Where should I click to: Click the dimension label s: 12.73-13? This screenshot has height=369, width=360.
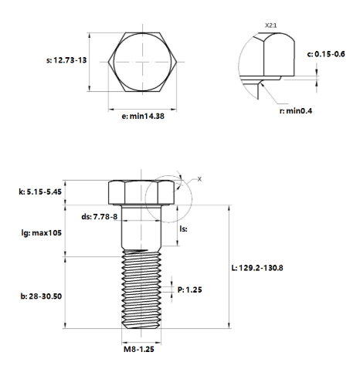point(66,60)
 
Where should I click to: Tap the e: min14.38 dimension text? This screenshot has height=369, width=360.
point(143,116)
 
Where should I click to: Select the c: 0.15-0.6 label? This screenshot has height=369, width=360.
point(326,54)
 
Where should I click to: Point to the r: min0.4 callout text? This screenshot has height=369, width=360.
point(296,111)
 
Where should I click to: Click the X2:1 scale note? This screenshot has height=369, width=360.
point(271,25)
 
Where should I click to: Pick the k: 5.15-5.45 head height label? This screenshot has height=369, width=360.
point(40,191)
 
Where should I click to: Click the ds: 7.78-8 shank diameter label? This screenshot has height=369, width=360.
point(100,217)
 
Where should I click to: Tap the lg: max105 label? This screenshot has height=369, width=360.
point(42,233)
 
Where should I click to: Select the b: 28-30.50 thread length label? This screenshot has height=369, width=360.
point(41,296)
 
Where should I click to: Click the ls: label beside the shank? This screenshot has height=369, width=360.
point(183,229)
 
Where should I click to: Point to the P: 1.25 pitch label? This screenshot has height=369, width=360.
point(190,289)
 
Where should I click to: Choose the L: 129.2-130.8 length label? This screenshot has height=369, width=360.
point(257,268)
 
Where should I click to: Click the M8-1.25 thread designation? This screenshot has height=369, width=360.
point(139,349)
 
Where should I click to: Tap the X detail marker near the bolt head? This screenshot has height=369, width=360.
point(199,179)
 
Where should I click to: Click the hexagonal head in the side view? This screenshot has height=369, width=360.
point(141,192)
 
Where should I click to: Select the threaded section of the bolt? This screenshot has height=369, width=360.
point(141,289)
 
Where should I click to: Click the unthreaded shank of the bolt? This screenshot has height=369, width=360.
point(141,227)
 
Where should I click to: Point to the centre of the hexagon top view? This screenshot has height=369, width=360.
point(143,62)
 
